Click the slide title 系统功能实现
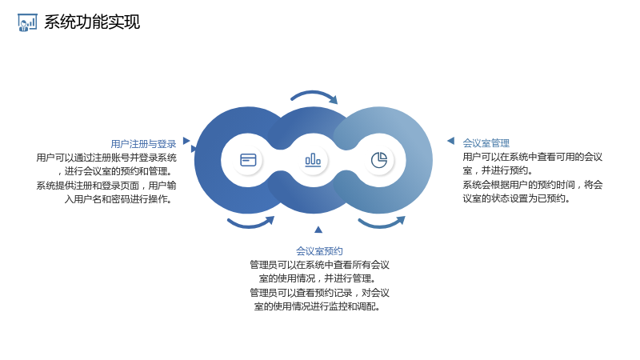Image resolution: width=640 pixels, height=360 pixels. click(x=92, y=22)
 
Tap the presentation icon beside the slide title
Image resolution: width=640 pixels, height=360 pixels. click(x=27, y=22)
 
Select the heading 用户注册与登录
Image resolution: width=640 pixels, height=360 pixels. click(x=143, y=144)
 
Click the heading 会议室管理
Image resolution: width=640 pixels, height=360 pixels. click(x=486, y=143)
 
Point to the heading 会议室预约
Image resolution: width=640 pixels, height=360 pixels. click(x=319, y=250)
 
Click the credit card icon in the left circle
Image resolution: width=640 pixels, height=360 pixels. click(x=248, y=160)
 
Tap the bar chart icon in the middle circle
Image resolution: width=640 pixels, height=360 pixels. click(x=313, y=160)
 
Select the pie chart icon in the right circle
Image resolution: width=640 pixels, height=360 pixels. click(x=378, y=160)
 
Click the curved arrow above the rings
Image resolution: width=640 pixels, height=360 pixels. click(x=314, y=94)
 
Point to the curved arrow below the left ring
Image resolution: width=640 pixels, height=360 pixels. click(x=250, y=224)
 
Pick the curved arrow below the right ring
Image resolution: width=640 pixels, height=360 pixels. click(x=382, y=224)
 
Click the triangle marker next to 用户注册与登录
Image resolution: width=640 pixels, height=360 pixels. click(x=186, y=141)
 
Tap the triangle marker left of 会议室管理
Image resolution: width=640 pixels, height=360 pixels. click(x=450, y=141)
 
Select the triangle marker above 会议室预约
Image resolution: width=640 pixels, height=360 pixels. click(x=318, y=230)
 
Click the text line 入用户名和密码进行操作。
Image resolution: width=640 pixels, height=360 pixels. click(x=118, y=198)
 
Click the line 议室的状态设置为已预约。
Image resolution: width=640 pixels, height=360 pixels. click(x=516, y=198)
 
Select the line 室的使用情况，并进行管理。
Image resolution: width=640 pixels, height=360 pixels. click(x=318, y=278)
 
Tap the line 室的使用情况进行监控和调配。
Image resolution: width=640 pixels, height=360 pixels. click(x=318, y=306)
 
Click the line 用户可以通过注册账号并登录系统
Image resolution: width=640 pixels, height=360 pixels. click(x=106, y=158)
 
